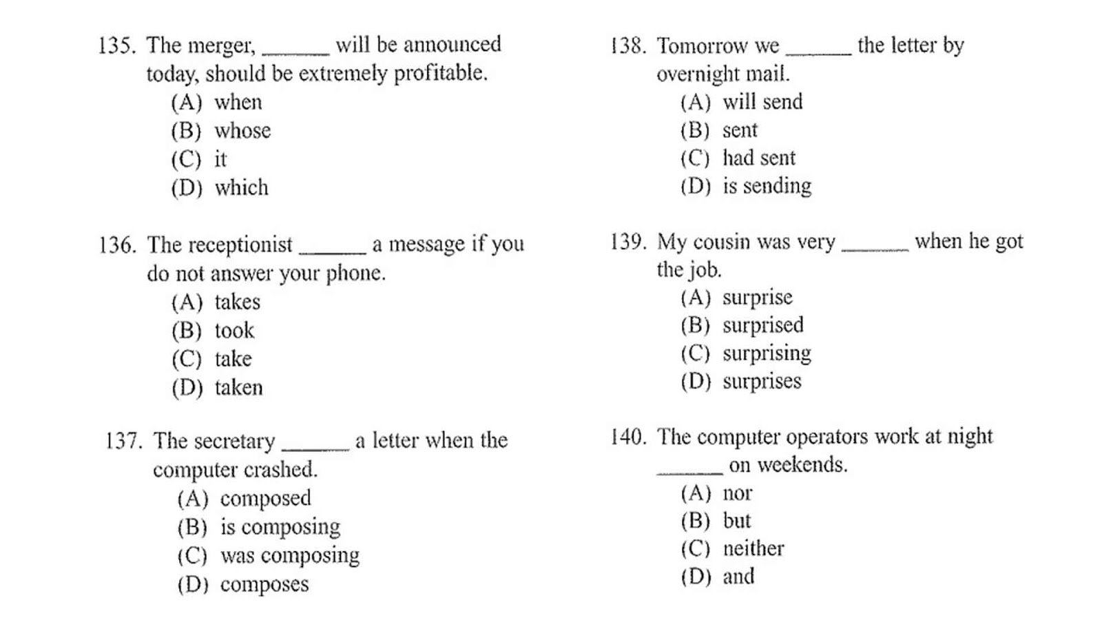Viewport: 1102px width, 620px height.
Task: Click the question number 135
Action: [x=115, y=46]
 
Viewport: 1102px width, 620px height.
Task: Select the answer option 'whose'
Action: [x=242, y=131]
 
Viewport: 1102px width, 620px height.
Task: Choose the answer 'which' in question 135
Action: [x=241, y=188]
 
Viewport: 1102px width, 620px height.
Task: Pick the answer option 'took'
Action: [x=234, y=331]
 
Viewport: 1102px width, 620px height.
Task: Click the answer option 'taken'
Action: [x=238, y=388]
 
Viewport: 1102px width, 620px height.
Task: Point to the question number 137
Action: [x=123, y=441]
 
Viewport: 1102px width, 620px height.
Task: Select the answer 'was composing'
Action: [x=289, y=555]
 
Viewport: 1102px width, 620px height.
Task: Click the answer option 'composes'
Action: [x=264, y=584]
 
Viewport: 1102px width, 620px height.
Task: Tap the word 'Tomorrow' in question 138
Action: [x=701, y=46]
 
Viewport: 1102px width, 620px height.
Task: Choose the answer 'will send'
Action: [x=762, y=102]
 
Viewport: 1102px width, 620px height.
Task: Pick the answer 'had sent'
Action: [x=758, y=158]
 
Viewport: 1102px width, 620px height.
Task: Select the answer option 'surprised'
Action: [x=762, y=325]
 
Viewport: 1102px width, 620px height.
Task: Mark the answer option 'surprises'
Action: [x=762, y=382]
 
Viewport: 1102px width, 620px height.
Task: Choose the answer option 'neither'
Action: [x=753, y=548]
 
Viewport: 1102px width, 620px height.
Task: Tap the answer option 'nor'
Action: [x=737, y=493]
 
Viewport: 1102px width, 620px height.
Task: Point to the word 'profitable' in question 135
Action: [x=439, y=73]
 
